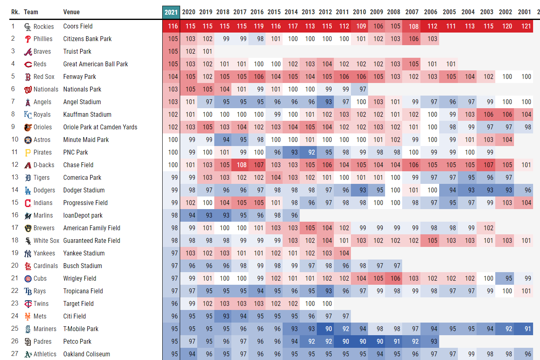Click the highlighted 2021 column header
(x=171, y=12)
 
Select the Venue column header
(x=72, y=12)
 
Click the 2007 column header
(x=412, y=12)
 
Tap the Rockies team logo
(x=28, y=27)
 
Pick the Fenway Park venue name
(x=80, y=76)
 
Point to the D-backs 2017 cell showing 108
(x=242, y=165)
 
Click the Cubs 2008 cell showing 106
(x=395, y=279)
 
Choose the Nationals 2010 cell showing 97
(x=361, y=89)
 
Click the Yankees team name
(x=44, y=253)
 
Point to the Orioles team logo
(x=28, y=127)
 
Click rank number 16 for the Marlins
(x=15, y=215)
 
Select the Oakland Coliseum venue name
(x=87, y=354)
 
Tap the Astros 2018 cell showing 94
(x=224, y=140)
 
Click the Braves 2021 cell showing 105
(x=173, y=52)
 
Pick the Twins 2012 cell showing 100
(x=327, y=304)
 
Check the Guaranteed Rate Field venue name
(x=92, y=241)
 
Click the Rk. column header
(x=15, y=12)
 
